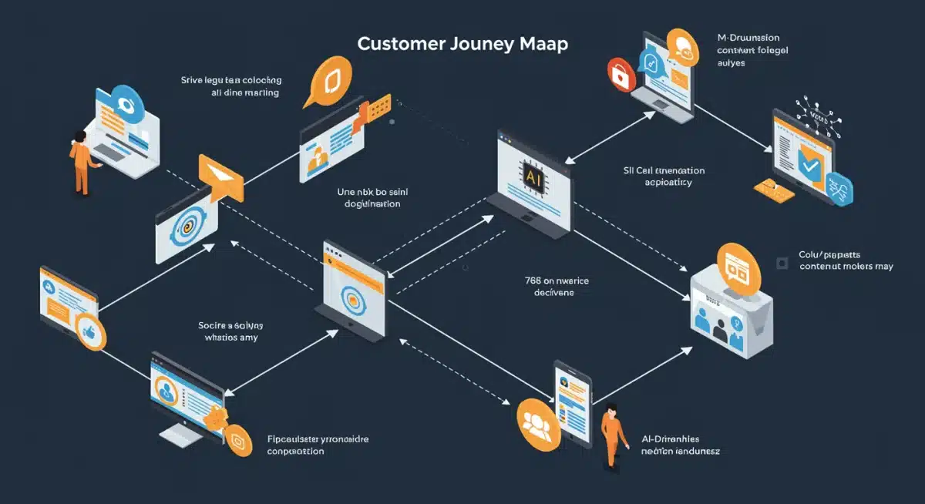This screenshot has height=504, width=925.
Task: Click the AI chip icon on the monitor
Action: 533,177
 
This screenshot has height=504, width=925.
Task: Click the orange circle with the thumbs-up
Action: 91,333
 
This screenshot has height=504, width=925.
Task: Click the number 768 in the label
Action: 524,281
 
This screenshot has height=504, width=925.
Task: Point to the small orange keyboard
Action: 773,187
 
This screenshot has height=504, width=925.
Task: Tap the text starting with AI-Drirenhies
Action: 680,445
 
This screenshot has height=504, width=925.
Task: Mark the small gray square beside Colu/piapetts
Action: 782,263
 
